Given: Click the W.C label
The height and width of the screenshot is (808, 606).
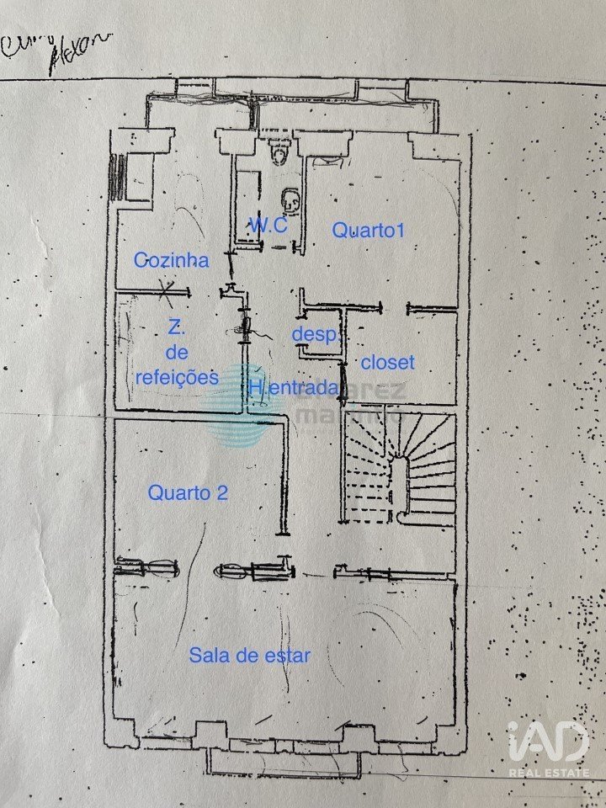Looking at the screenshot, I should (x=268, y=226).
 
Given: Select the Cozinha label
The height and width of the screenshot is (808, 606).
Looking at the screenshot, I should (x=171, y=261).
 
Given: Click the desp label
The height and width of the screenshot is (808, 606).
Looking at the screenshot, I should (x=313, y=334).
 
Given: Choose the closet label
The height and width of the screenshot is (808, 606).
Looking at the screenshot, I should (x=387, y=363).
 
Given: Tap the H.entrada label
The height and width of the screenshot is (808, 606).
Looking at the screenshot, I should (x=294, y=388).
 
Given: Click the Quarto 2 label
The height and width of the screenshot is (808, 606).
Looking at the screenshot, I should (x=187, y=493).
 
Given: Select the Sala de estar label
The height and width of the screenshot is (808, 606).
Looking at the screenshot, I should (x=249, y=655).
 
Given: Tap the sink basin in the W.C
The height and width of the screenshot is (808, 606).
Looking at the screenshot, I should (x=290, y=201).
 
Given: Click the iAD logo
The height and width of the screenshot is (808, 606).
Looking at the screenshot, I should (x=548, y=741).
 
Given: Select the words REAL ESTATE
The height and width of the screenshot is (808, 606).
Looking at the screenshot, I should (x=549, y=771).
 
